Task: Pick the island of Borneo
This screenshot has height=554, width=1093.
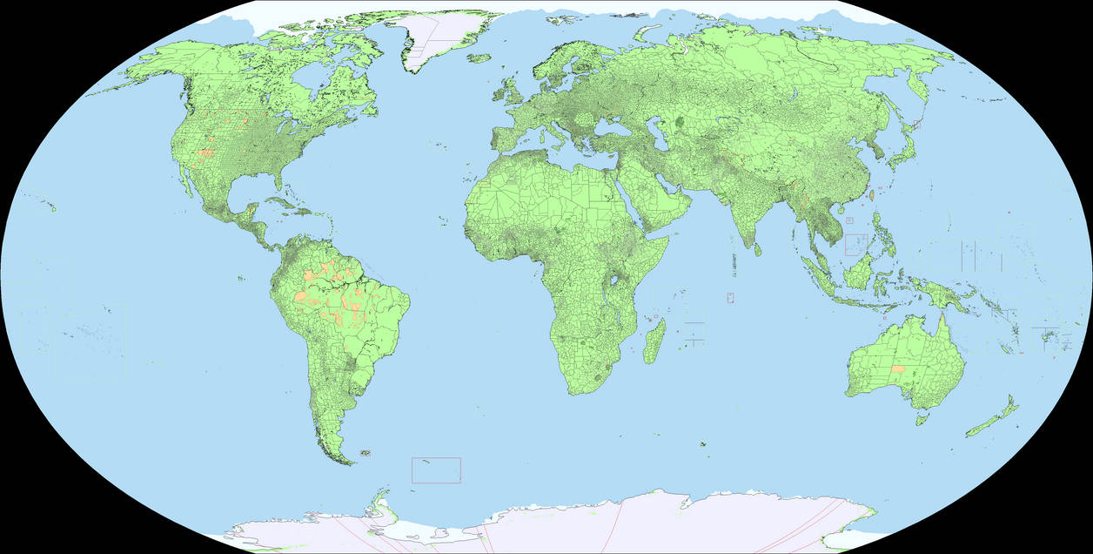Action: pyautogui.click(x=861, y=273)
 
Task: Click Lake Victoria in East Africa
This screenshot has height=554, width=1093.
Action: pyautogui.click(x=620, y=281)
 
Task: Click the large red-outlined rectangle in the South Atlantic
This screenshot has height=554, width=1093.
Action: pyautogui.click(x=436, y=470)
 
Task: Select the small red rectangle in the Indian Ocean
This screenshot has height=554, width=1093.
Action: pyautogui.click(x=730, y=297)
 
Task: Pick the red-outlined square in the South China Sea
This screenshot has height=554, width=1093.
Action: pyautogui.click(x=855, y=244)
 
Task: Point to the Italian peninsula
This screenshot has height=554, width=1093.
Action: pyautogui.click(x=551, y=126)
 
